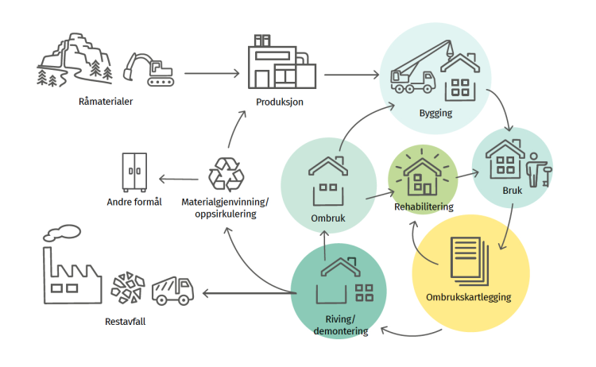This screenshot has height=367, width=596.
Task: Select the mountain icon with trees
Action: coord(73,60)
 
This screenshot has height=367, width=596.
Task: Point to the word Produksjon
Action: coord(280,102)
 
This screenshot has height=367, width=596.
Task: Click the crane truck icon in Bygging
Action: coord(413,72)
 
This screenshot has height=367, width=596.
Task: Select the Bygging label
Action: coord(435,113)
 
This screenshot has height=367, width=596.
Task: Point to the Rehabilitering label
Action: coord(424,207)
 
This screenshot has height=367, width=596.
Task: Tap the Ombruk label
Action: coord(327,218)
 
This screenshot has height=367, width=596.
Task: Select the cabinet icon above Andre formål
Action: coord(134,170)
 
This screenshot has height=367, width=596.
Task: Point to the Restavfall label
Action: coord(126,322)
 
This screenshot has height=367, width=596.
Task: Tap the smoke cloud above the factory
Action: coord(62,233)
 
